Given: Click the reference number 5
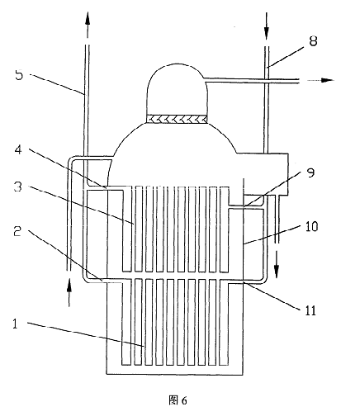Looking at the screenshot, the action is pos(19,75).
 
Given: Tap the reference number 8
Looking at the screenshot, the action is pos(313,41).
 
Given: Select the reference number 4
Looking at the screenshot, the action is pos(18,149).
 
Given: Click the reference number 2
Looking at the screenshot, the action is pos(18,232).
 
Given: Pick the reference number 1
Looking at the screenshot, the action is pos(15,324).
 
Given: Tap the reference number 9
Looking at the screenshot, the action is pos(311,173).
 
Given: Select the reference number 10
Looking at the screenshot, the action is pos(311,226).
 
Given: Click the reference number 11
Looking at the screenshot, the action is pos(310,310).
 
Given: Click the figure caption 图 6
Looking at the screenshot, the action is pos(178,400).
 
